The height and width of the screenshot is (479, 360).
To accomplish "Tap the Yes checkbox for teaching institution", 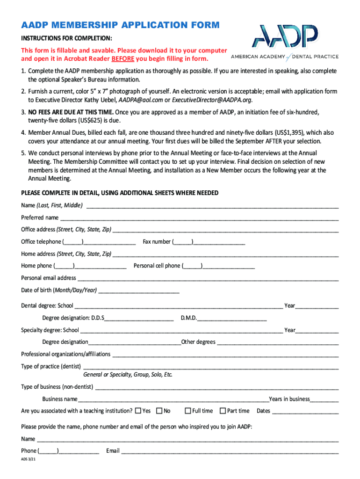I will coord(138,411).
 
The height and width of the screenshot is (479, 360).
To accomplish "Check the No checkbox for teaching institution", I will coord(159,411).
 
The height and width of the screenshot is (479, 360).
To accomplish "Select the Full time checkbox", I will coord(188,411).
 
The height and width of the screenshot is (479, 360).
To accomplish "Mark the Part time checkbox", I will coord(223,411).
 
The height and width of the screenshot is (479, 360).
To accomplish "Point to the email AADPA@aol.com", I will coord(139,100).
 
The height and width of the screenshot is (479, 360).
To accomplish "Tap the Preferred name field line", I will coord(199,218).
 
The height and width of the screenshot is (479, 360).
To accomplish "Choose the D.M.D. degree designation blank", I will coord(232,319).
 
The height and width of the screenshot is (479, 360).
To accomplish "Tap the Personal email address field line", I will coord(208,279).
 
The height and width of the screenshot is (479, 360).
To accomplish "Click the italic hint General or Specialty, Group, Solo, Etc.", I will coord(128,375).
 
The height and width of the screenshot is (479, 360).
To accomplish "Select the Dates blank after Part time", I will coord(305,412).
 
